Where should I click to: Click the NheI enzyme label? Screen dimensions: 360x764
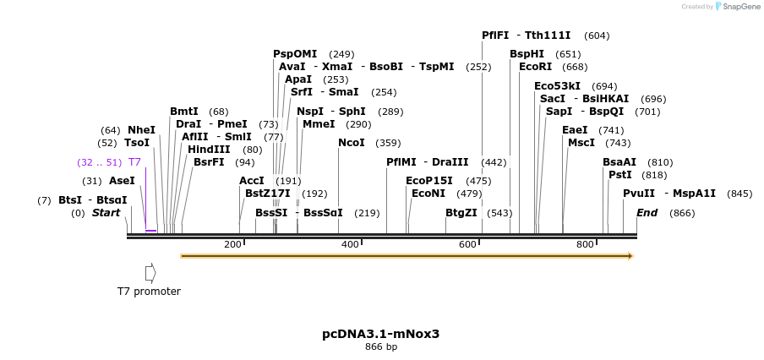tap(141, 130)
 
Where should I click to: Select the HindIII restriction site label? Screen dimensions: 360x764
tap(208, 150)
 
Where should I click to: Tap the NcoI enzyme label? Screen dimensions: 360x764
tap(352, 143)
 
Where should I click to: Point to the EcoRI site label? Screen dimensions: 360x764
tap(535, 67)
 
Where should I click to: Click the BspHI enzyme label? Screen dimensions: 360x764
tap(527, 54)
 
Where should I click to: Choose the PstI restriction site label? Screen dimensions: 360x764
tap(620, 175)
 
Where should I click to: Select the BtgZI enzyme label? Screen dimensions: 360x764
tap(461, 212)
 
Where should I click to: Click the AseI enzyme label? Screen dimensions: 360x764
tap(122, 181)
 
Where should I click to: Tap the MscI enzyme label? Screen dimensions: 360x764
tap(581, 143)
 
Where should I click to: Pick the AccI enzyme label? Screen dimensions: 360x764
tap(252, 181)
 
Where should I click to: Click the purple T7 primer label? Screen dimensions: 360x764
tap(134, 162)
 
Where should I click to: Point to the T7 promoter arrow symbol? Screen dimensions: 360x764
tap(150, 273)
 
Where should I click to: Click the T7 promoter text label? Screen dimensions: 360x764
tap(149, 292)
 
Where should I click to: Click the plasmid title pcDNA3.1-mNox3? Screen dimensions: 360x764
tap(381, 334)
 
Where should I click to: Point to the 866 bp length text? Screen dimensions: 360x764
tap(381, 346)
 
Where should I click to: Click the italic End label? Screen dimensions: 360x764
tap(647, 213)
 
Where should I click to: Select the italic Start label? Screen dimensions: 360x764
tap(106, 213)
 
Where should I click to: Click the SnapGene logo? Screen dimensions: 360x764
tap(735, 7)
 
